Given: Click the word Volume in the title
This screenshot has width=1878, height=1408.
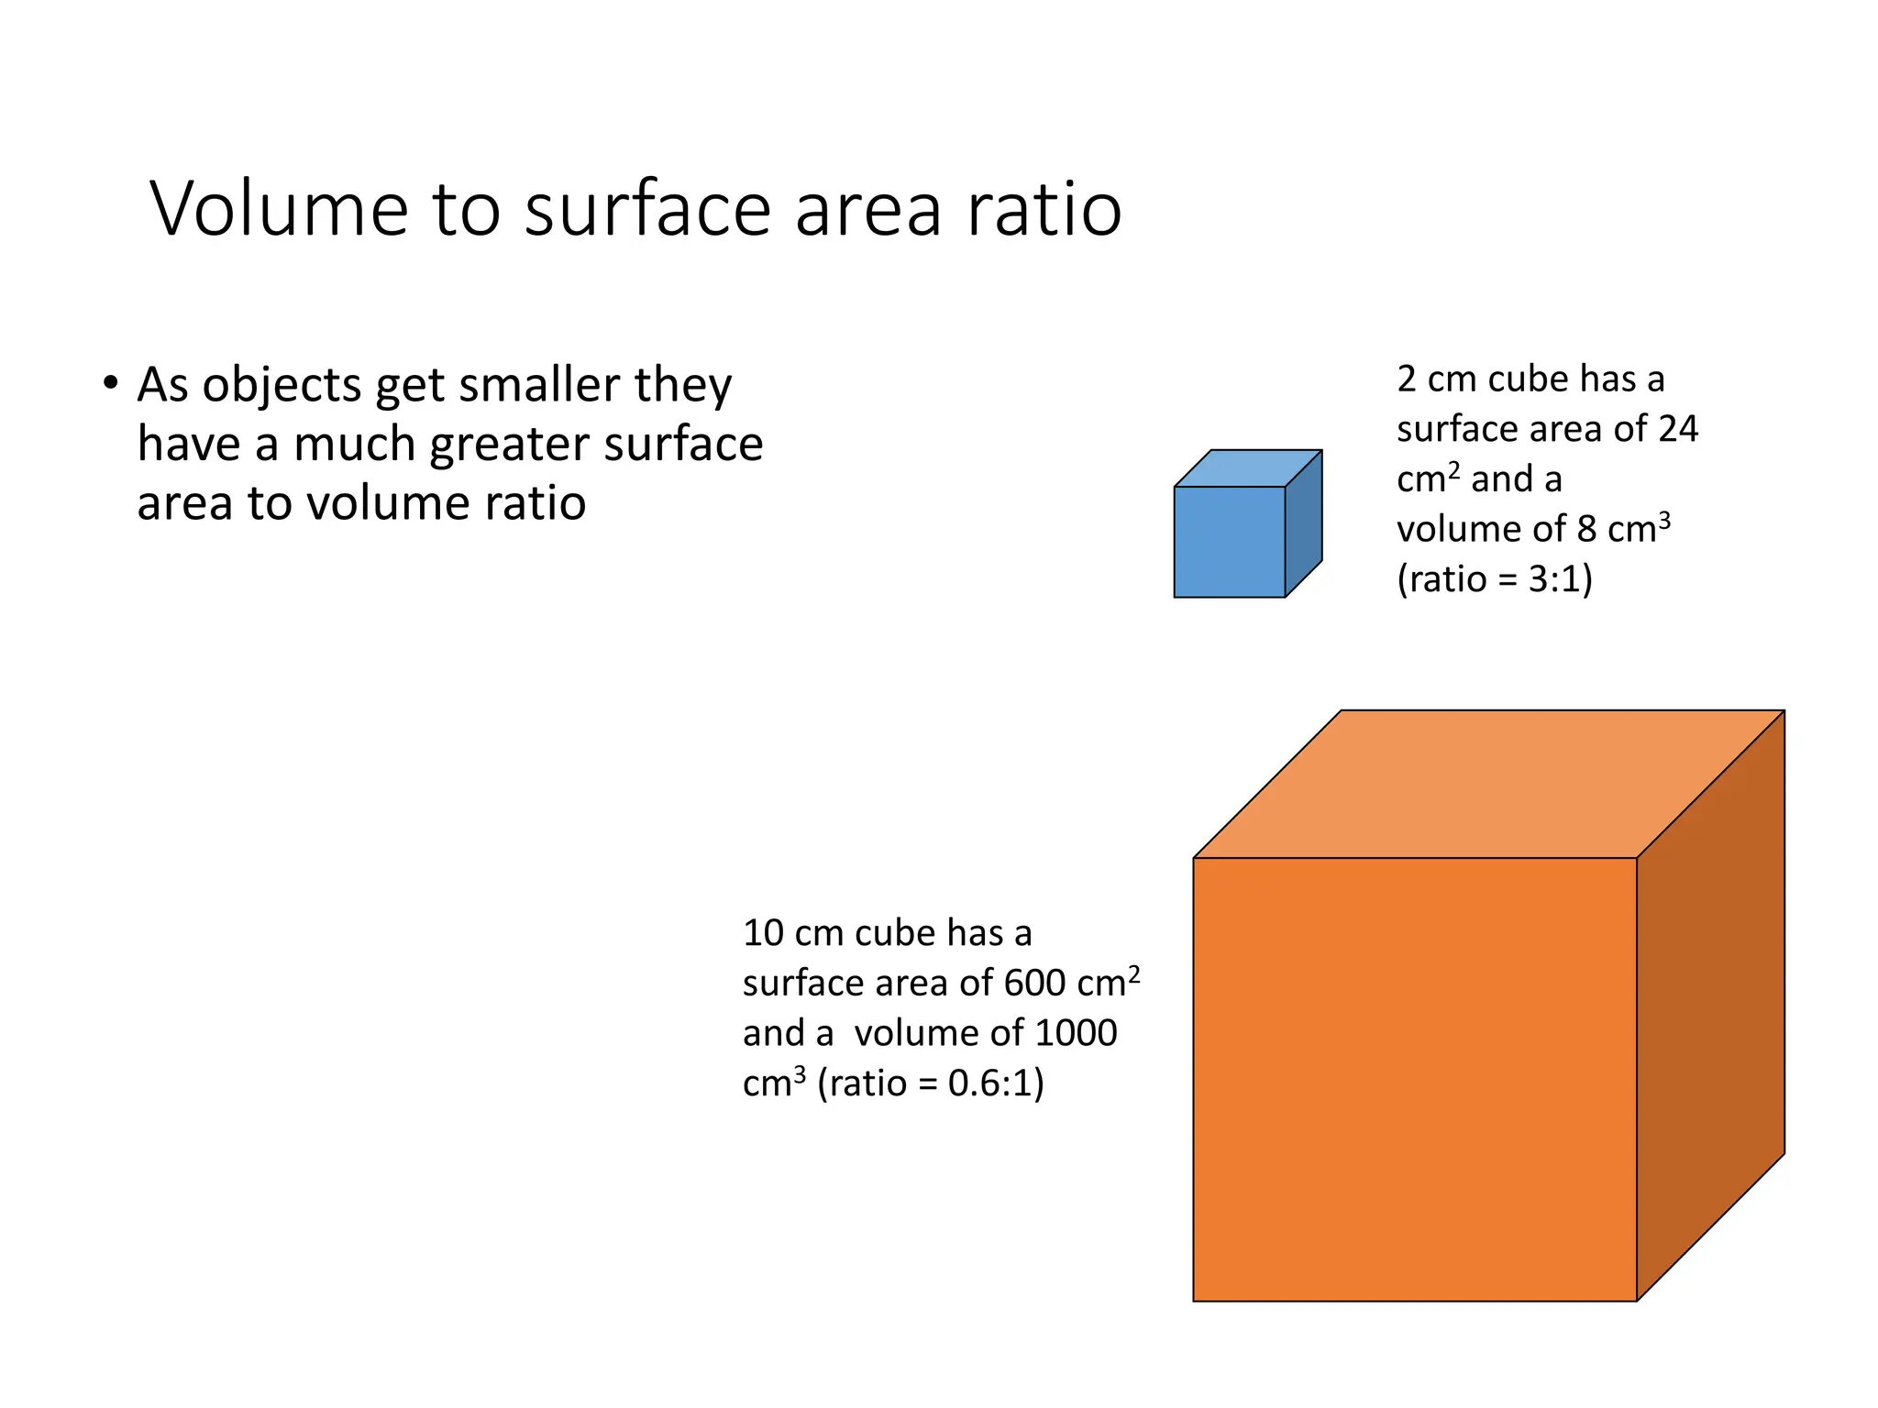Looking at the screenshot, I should click(x=279, y=209).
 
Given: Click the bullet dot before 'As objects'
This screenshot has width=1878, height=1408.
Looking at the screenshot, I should click(x=111, y=383).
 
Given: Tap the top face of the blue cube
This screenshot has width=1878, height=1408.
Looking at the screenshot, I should click(x=1247, y=468).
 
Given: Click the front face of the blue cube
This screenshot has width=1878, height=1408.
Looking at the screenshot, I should click(x=1229, y=542).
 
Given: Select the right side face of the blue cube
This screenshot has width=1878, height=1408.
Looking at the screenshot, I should click(x=1303, y=523).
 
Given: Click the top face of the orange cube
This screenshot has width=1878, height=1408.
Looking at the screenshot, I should click(x=1487, y=784).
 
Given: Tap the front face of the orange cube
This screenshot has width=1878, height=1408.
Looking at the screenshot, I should click(x=1414, y=1079).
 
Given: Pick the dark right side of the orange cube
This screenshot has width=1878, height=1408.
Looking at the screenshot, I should click(x=1710, y=1006).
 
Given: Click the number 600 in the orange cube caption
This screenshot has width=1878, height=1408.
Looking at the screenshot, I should click(x=1033, y=984).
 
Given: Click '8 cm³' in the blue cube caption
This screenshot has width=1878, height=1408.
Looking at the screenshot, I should click(x=1623, y=529).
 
